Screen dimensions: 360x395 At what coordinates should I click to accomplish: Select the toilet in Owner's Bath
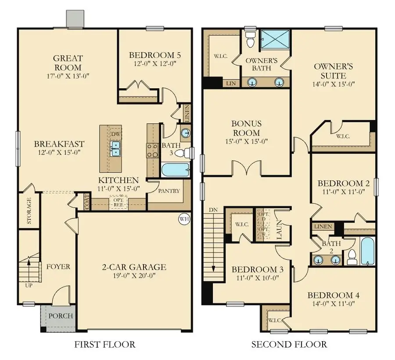pyautogui.click(x=251, y=40)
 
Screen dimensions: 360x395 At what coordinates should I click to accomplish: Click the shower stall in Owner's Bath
pyautogui.click(x=275, y=39)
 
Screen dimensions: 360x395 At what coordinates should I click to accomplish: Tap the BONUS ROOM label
pyautogui.click(x=247, y=128)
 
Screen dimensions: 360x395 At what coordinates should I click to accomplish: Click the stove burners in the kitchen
pyautogui.click(x=152, y=151)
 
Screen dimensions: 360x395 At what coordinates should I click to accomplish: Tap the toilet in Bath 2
pyautogui.click(x=352, y=257)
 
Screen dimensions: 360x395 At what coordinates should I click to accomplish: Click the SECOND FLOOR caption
pyautogui.click(x=289, y=344)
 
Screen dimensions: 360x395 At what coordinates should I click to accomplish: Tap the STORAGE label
pyautogui.click(x=29, y=211)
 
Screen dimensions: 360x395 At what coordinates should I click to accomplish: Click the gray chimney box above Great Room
pyautogui.click(x=75, y=18)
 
